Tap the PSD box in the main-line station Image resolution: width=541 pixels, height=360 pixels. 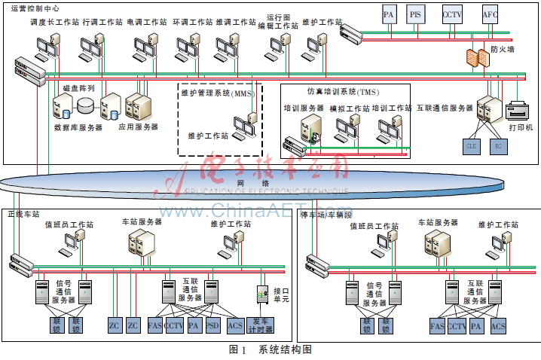(x=213, y=325)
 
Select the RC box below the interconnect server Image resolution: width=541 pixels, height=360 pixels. (x=497, y=145)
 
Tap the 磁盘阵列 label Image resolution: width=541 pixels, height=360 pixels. (x=78, y=88)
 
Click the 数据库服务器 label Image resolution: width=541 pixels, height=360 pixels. (x=78, y=127)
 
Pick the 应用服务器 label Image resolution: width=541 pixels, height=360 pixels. (x=138, y=127)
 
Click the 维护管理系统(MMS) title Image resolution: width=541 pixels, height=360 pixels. (x=219, y=93)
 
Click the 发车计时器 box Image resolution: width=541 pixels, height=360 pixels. (x=262, y=325)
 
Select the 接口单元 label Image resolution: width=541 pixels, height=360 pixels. (x=281, y=294)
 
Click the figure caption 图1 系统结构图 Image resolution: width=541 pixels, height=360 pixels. (x=270, y=349)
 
